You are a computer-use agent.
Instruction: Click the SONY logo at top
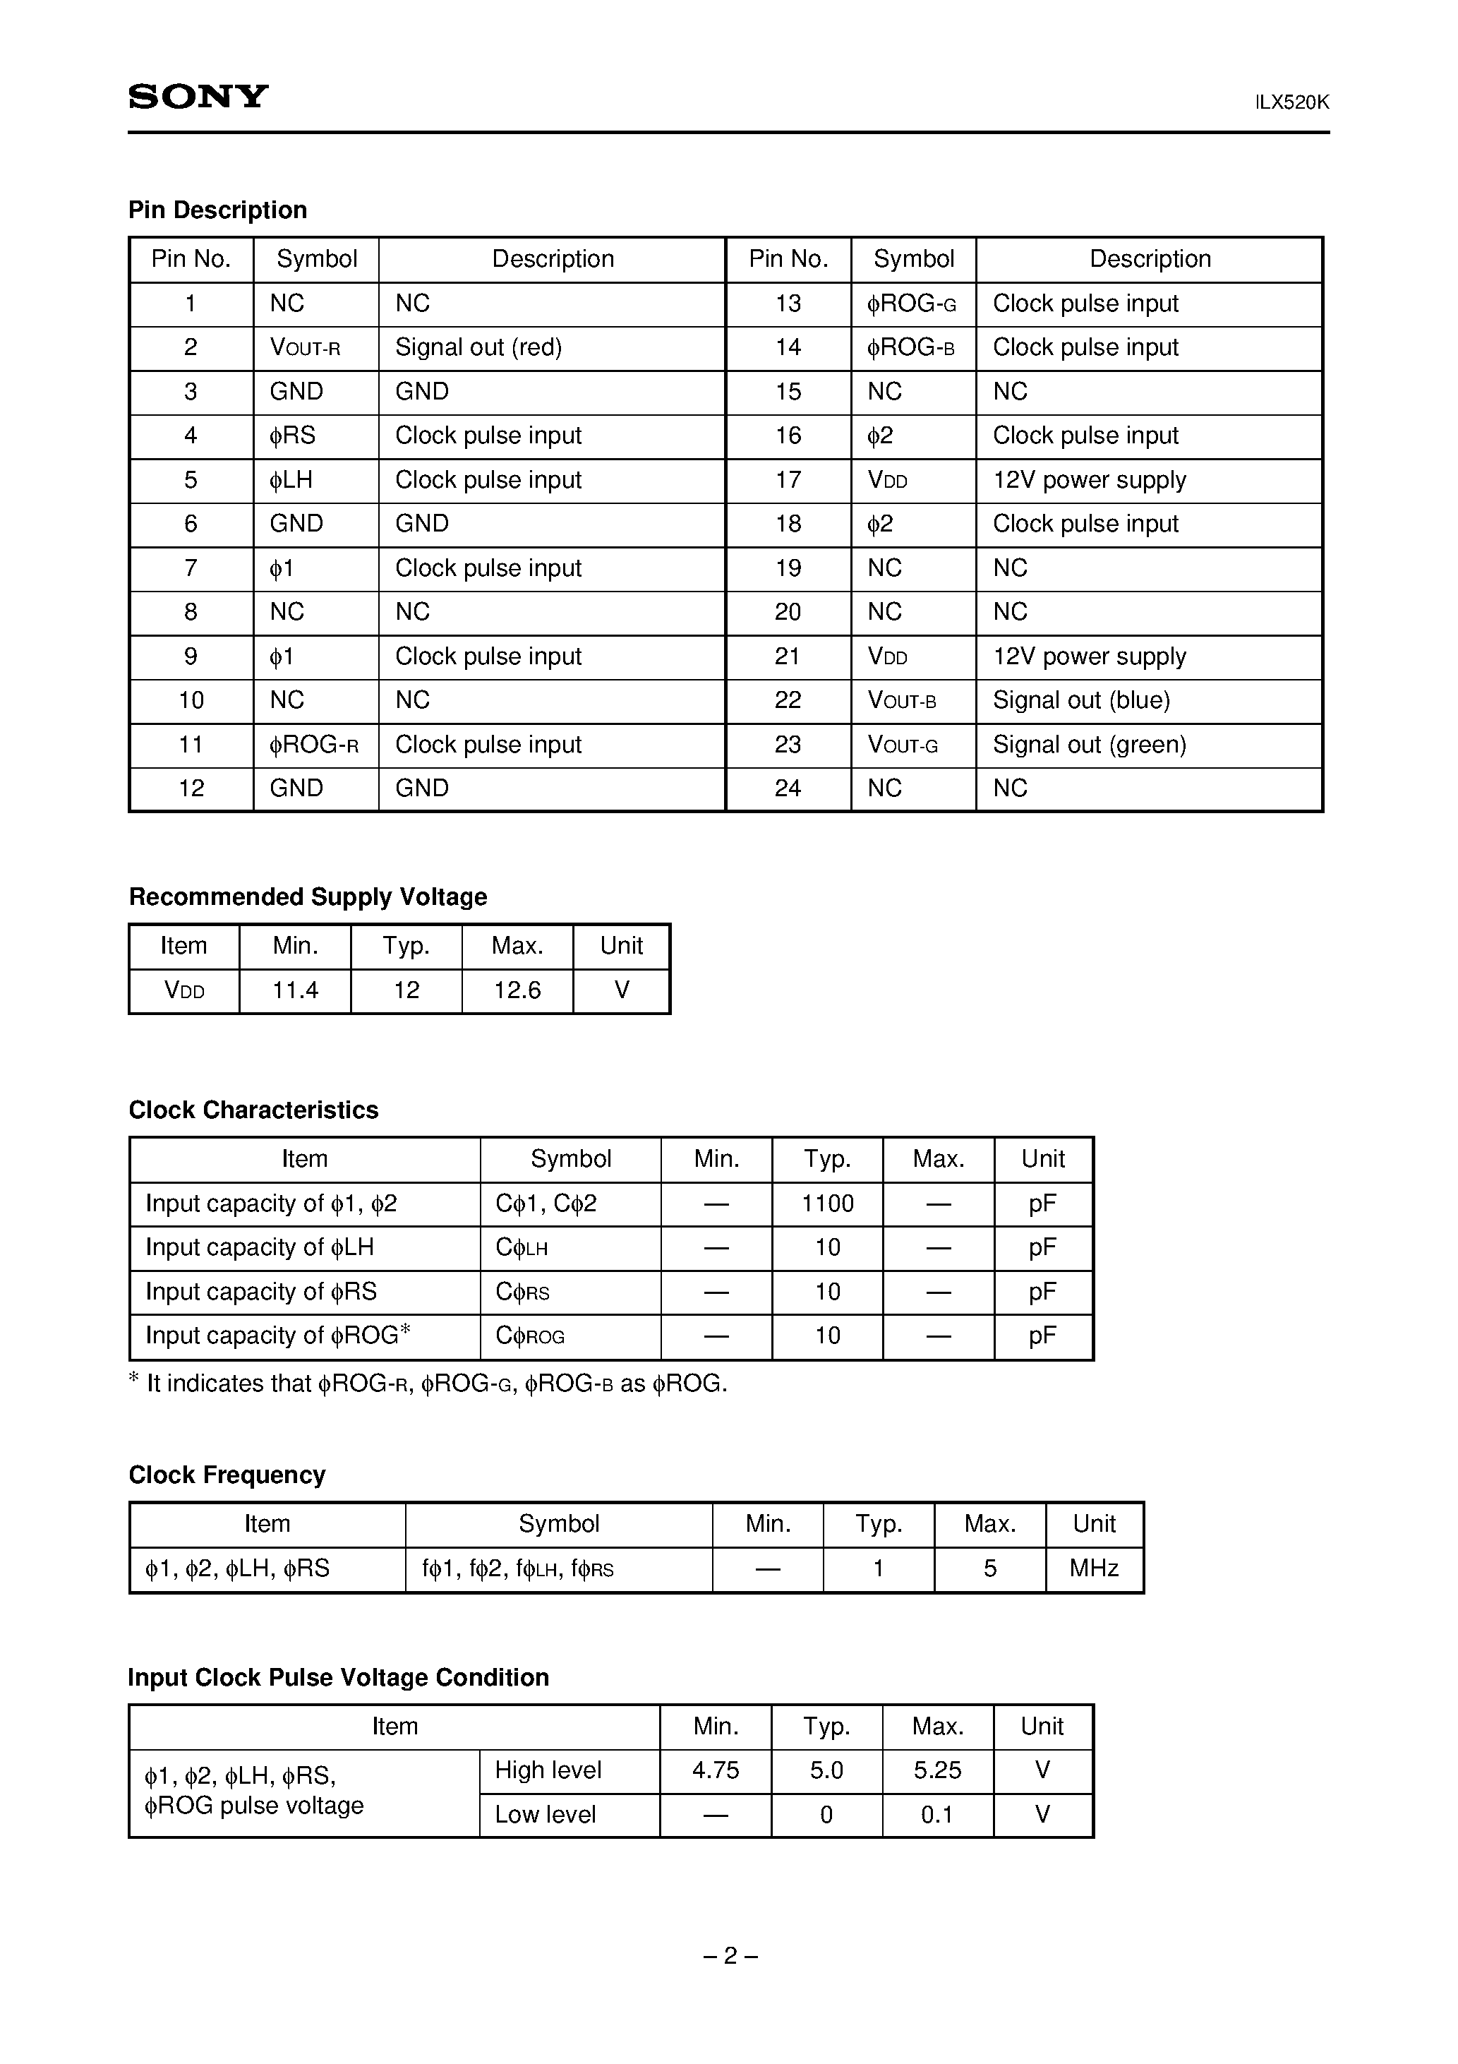pyautogui.click(x=198, y=96)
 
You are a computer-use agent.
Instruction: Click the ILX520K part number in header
pyautogui.click(x=1291, y=102)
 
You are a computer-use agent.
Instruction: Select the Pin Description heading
pyautogui.click(x=217, y=210)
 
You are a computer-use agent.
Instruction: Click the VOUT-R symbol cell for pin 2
pyautogui.click(x=305, y=348)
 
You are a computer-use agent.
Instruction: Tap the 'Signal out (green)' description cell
pyautogui.click(x=1090, y=744)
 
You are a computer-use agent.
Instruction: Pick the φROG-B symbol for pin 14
pyautogui.click(x=910, y=348)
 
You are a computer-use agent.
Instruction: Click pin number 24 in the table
pyautogui.click(x=788, y=788)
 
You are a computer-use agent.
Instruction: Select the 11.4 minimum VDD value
pyautogui.click(x=295, y=990)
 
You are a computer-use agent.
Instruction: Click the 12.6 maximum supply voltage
pyautogui.click(x=517, y=990)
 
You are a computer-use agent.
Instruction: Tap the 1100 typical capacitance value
pyautogui.click(x=827, y=1204)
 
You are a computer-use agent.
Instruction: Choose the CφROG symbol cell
pyautogui.click(x=531, y=1336)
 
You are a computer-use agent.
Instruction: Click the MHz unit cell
pyautogui.click(x=1093, y=1568)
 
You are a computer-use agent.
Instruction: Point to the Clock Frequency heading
pyautogui.click(x=227, y=1475)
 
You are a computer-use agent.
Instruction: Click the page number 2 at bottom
pyautogui.click(x=730, y=1956)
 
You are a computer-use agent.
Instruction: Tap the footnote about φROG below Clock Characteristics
pyautogui.click(x=428, y=1384)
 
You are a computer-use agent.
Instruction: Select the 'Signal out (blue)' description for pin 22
pyautogui.click(x=1081, y=700)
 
